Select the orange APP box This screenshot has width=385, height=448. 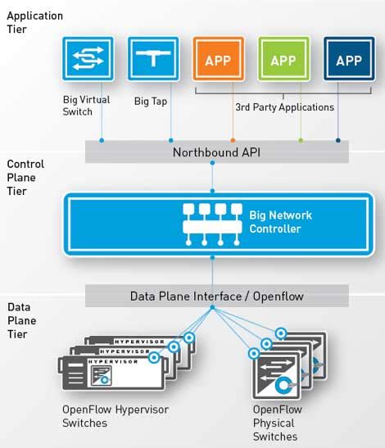point(217,60)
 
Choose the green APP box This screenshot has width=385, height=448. point(283,60)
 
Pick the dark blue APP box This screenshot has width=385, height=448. point(348,60)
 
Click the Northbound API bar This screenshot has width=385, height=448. point(217,152)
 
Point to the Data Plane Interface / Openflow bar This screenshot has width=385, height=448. point(217,296)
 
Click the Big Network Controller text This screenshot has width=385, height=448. point(280,222)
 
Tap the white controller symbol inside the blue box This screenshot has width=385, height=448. point(211,223)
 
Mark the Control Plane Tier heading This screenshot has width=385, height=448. point(25,178)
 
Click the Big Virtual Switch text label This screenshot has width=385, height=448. point(85,106)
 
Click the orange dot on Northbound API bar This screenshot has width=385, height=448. point(233,141)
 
